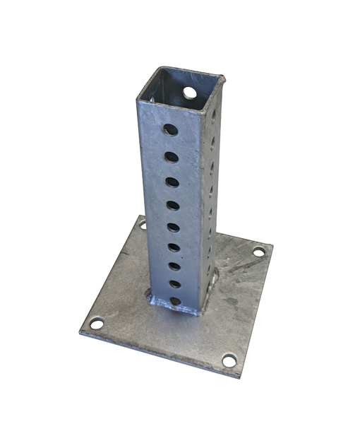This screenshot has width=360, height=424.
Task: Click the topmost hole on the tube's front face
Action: (x=170, y=129)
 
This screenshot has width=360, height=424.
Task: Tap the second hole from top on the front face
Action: (x=172, y=156)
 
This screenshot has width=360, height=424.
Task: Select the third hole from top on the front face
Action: (x=172, y=182)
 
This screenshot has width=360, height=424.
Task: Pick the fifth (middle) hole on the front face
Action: (x=173, y=227)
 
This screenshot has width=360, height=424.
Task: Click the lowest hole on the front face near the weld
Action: (x=175, y=301)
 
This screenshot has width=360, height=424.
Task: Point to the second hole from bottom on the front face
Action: (x=174, y=284)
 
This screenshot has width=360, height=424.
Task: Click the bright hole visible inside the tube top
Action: (x=189, y=93)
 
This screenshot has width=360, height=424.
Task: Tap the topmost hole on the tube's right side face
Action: (x=213, y=113)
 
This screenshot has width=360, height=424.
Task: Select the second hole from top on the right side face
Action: (x=212, y=141)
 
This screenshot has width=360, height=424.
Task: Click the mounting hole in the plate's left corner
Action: (x=96, y=324)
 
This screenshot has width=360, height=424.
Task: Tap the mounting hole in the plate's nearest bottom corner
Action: (x=229, y=360)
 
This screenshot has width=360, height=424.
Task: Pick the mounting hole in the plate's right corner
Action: (x=259, y=251)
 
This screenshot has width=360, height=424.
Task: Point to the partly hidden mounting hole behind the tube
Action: (x=143, y=224)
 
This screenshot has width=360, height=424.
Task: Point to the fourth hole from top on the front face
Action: (x=173, y=205)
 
